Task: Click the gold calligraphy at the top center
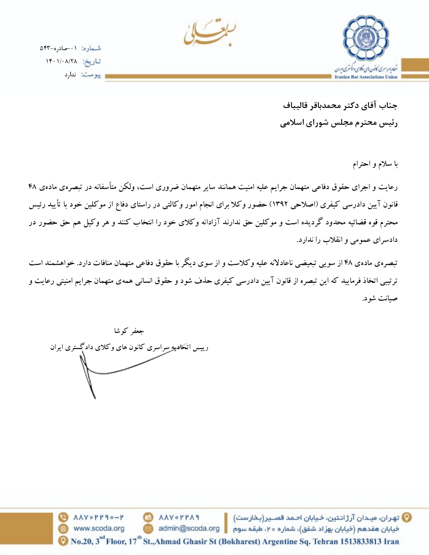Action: pyautogui.click(x=209, y=33)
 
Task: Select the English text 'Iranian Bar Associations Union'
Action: pyautogui.click(x=366, y=77)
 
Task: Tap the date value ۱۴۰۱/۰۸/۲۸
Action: pyautogui.click(x=62, y=61)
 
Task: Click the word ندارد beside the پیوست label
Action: pyautogui.click(x=70, y=75)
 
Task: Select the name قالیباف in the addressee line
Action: pyautogui.click(x=296, y=106)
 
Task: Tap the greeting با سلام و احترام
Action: pyautogui.click(x=375, y=164)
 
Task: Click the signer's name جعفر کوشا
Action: pyautogui.click(x=129, y=331)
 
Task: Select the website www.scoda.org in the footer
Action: pyautogui.click(x=99, y=528)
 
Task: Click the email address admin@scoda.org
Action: pyautogui.click(x=189, y=528)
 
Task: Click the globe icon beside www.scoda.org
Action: pyautogui.click(x=63, y=528)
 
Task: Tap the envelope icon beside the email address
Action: pyautogui.click(x=148, y=528)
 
